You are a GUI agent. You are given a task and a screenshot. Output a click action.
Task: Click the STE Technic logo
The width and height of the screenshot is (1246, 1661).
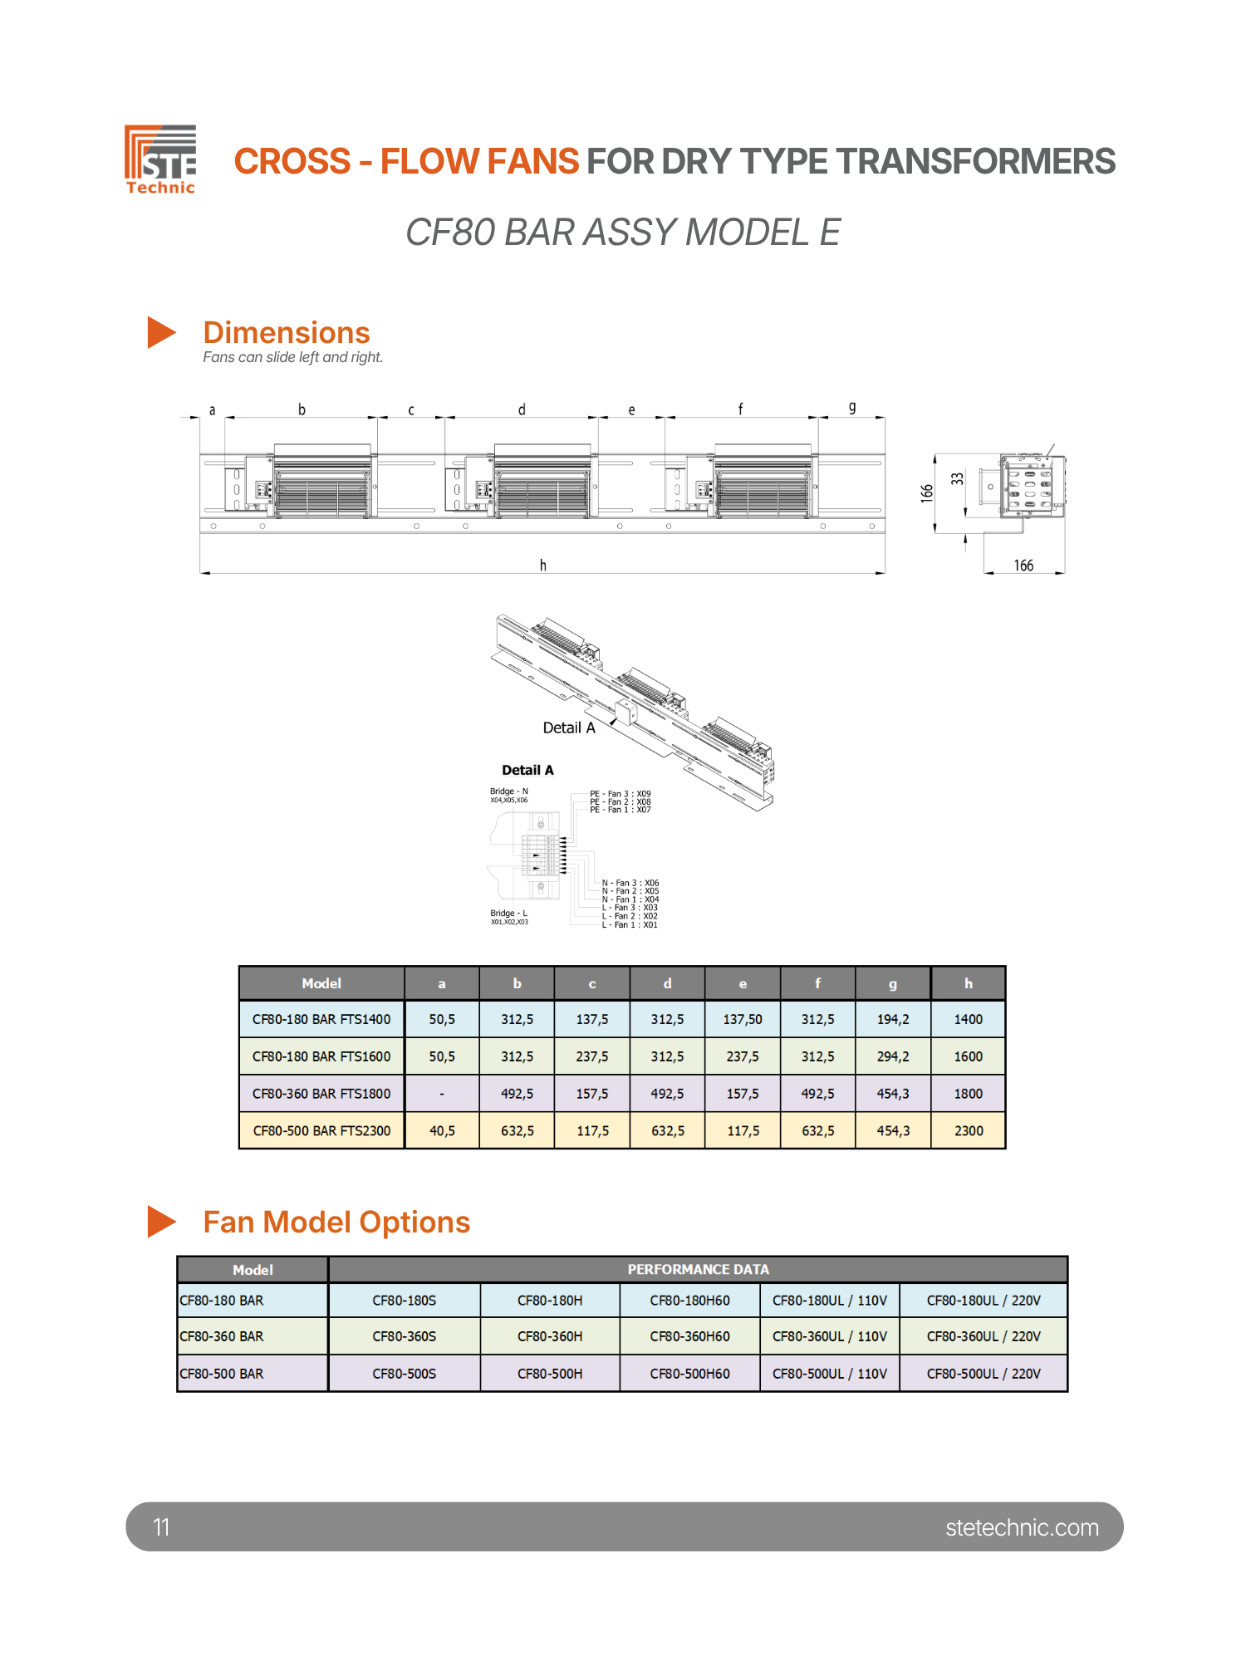coord(160,159)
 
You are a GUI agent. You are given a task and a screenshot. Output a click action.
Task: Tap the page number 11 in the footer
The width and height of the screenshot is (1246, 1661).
coord(161,1526)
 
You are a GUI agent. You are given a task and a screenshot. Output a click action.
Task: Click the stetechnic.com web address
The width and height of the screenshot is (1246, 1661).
coord(1022,1527)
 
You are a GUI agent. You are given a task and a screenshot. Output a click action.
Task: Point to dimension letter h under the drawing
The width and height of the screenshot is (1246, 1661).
coord(542,565)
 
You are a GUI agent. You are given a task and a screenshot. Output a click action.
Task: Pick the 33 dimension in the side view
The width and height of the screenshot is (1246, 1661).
coord(958,479)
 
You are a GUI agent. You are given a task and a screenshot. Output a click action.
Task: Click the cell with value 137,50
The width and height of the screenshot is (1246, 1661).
coord(743,1019)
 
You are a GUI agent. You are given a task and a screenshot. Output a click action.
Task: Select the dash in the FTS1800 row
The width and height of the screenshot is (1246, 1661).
coord(442,1094)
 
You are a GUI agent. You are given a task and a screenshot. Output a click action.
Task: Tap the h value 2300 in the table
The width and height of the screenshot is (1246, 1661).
coord(969,1131)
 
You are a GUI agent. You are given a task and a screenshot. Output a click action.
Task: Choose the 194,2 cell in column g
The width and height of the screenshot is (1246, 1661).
coord(893,1019)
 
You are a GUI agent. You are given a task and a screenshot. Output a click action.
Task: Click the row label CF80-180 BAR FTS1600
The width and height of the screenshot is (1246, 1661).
coord(321,1056)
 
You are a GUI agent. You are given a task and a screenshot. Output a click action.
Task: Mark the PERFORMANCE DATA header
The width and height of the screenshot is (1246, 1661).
coord(698,1269)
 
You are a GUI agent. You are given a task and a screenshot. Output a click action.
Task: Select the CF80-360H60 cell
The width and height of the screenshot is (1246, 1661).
coord(689,1336)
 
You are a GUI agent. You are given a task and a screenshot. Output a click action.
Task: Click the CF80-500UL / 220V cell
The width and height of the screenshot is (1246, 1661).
coord(984,1374)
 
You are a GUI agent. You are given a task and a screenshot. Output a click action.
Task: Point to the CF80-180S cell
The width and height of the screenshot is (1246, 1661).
coord(404,1301)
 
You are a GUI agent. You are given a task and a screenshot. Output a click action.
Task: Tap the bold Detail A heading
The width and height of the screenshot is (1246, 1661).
coord(527,770)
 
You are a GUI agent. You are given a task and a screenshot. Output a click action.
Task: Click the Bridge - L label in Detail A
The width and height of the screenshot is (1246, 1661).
coord(508,914)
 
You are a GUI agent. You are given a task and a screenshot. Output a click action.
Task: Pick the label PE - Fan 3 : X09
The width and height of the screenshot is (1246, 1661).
coord(621,794)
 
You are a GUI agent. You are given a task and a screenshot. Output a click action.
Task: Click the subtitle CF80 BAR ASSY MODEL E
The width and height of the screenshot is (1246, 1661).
coord(623,233)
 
